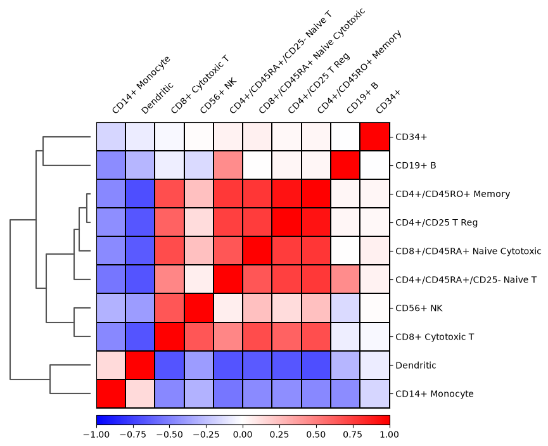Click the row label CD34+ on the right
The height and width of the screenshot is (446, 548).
[x=411, y=137]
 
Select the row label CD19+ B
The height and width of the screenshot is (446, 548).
[x=416, y=165]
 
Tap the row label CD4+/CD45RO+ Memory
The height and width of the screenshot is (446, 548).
[x=452, y=194]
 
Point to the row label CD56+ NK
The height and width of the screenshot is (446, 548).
[x=419, y=309]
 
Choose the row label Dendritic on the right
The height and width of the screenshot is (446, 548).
[x=416, y=366]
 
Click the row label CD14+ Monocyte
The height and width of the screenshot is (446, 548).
[x=435, y=394]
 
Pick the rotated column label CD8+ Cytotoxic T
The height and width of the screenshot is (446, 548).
[x=200, y=84]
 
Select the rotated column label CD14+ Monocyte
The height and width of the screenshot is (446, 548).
[x=141, y=84]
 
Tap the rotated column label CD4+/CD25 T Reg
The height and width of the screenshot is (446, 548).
[x=319, y=83]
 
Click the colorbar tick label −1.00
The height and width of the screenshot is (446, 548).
[x=96, y=435]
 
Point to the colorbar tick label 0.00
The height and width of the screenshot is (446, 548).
[x=243, y=435]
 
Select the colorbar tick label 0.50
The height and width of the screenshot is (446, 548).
[x=316, y=435]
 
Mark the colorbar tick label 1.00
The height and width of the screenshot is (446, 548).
[x=390, y=435]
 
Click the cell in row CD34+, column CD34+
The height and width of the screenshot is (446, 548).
[x=374, y=137]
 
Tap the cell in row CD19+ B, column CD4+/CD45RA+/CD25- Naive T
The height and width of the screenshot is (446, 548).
[x=228, y=165]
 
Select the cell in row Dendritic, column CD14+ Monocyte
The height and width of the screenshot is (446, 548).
[x=111, y=366]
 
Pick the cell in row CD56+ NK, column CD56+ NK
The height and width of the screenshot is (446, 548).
[x=199, y=309]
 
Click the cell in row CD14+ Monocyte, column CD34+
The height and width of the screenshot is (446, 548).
[x=374, y=394]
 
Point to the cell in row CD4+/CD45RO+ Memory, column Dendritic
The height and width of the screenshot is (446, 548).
[x=140, y=194]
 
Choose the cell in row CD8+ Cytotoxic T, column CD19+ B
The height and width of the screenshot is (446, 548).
[x=345, y=336]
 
